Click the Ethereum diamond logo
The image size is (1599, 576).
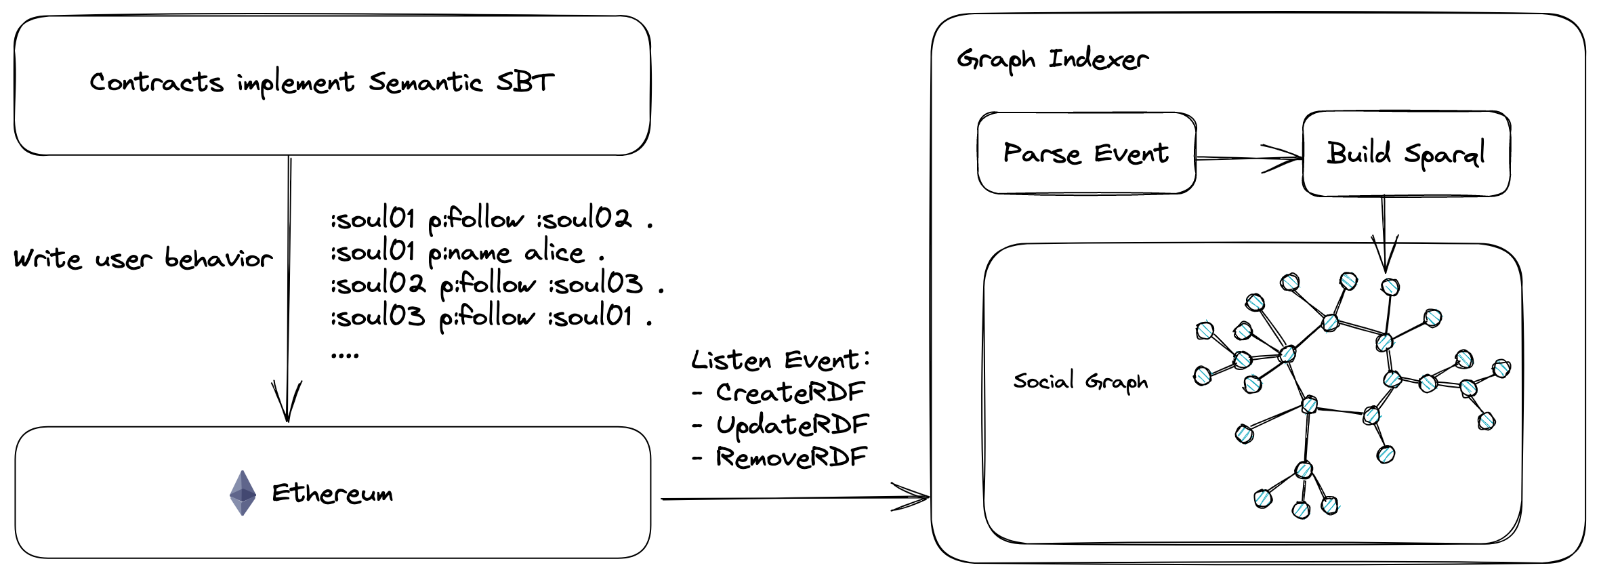243,493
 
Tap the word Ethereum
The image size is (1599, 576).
332,493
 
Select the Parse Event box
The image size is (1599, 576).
1086,154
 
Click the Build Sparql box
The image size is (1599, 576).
1406,154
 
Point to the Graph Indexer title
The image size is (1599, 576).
1052,60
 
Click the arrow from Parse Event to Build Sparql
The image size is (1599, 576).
1249,158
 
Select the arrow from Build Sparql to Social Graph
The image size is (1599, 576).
1384,234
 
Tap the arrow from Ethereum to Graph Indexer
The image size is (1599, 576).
793,498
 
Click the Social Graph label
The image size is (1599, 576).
1080,382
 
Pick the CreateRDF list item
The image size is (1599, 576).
790,392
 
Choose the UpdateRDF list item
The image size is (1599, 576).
792,425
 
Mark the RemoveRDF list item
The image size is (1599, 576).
791,457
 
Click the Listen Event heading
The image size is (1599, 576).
780,360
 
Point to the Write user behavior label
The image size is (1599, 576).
143,259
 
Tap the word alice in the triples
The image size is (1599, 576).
554,252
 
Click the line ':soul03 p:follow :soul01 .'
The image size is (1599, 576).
491,316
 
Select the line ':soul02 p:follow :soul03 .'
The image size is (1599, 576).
497,284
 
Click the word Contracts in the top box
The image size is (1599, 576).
157,83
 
